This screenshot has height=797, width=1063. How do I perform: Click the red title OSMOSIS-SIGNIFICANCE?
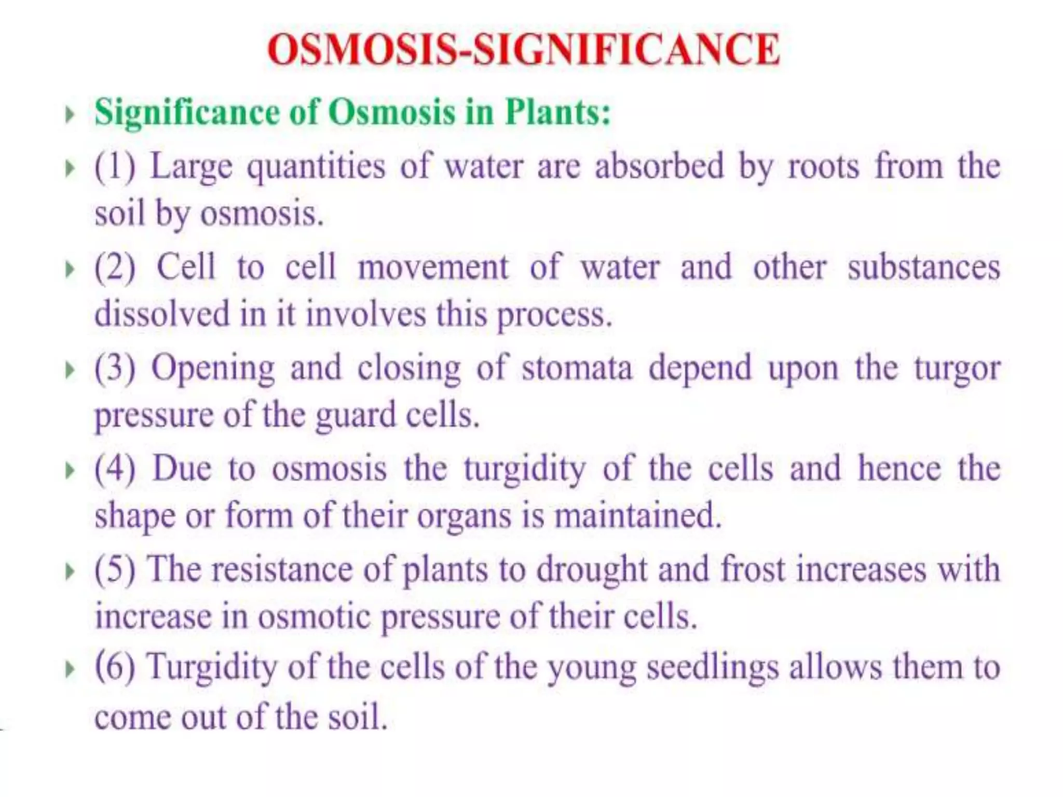pos(523,49)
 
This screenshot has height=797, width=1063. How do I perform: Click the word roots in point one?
pos(824,167)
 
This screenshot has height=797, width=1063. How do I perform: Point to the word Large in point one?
pos(191,167)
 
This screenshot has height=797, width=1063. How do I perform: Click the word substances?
pos(923,267)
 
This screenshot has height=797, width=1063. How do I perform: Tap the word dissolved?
pos(161,313)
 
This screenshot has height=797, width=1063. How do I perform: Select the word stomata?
pos(577,368)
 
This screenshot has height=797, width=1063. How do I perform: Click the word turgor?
pos(957,369)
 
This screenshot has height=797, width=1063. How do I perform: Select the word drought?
pos(592,569)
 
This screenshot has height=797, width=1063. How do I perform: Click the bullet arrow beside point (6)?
pos(70,669)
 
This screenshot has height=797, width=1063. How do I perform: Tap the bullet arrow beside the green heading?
pos(70,114)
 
